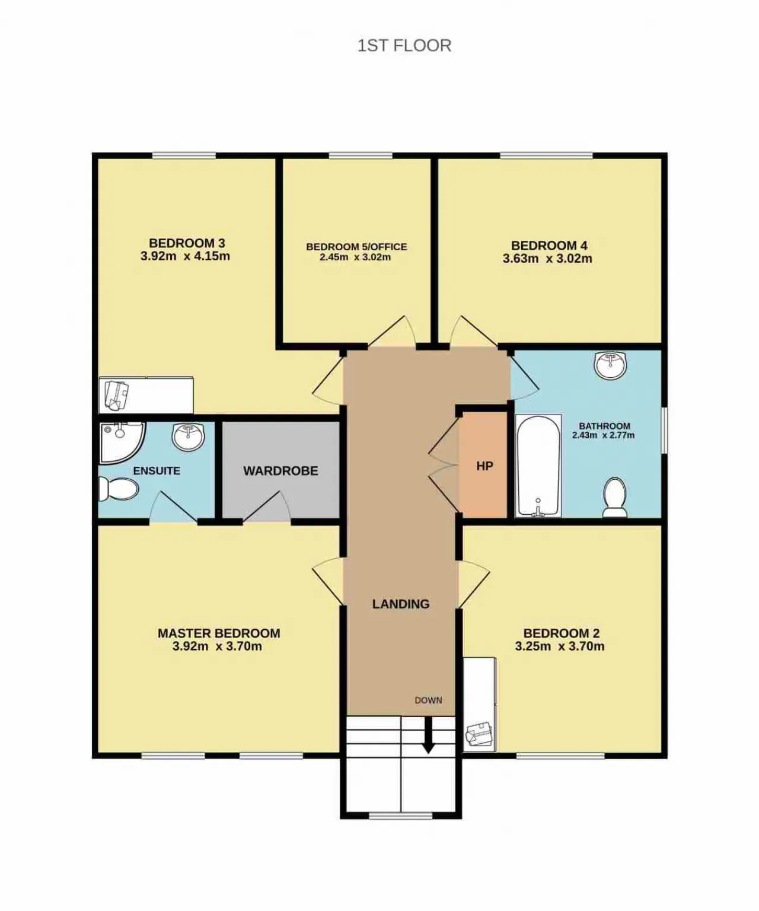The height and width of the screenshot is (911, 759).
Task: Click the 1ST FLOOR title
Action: click(x=404, y=46)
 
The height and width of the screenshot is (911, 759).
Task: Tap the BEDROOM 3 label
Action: click(x=187, y=243)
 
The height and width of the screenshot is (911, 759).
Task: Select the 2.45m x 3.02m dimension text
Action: click(x=355, y=257)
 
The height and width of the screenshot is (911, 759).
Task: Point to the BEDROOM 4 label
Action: click(x=549, y=246)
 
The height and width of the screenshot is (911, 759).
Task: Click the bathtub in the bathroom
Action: click(x=538, y=466)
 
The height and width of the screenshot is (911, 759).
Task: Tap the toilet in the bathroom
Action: click(x=615, y=498)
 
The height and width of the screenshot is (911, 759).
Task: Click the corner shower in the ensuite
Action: click(x=122, y=441)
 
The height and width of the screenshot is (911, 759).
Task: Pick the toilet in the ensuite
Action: click(x=118, y=489)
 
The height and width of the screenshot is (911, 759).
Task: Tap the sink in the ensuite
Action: click(x=188, y=437)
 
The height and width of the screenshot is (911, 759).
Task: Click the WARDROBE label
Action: click(x=280, y=471)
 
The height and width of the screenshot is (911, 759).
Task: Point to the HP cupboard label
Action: click(x=484, y=466)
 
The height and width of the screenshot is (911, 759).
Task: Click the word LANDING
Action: click(x=401, y=604)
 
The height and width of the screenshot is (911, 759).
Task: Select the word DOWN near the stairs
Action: click(x=428, y=700)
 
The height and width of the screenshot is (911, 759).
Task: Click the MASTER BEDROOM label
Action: click(x=219, y=633)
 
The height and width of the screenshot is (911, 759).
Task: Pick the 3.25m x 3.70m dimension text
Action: click(x=560, y=646)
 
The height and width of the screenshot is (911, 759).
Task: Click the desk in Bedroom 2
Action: click(x=480, y=705)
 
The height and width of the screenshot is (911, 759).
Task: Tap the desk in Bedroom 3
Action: click(x=146, y=395)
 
